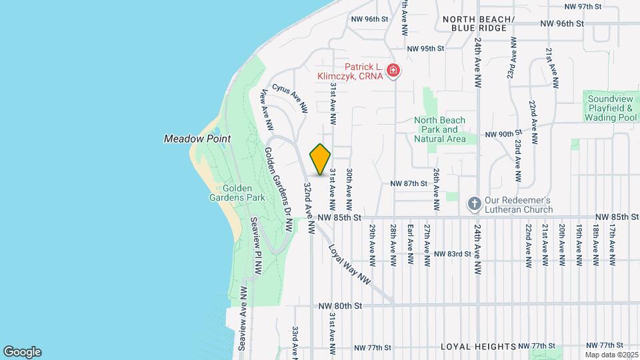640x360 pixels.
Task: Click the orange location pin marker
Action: (321, 159)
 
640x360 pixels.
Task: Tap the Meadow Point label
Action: (197, 139)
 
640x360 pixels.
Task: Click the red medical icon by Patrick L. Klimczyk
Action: (393, 70)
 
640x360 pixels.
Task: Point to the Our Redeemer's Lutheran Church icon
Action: (474, 203)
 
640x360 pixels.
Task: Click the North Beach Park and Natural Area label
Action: (439, 129)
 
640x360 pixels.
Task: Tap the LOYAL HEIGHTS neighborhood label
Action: (479, 347)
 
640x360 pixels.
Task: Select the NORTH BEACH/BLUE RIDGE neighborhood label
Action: (479, 23)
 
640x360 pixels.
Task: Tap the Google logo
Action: (22, 351)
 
